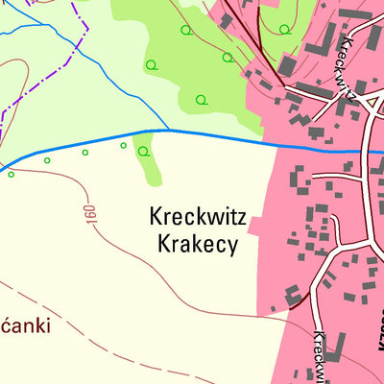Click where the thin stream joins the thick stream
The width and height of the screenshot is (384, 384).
click(x=170, y=130)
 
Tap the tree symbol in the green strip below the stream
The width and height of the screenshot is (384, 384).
click(x=144, y=151)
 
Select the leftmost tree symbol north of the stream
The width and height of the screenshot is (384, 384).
click(x=151, y=65)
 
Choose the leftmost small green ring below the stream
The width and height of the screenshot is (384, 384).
click(x=12, y=174)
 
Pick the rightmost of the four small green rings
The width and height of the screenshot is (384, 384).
click(x=123, y=145)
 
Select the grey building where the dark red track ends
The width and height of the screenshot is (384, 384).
click(x=287, y=66)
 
